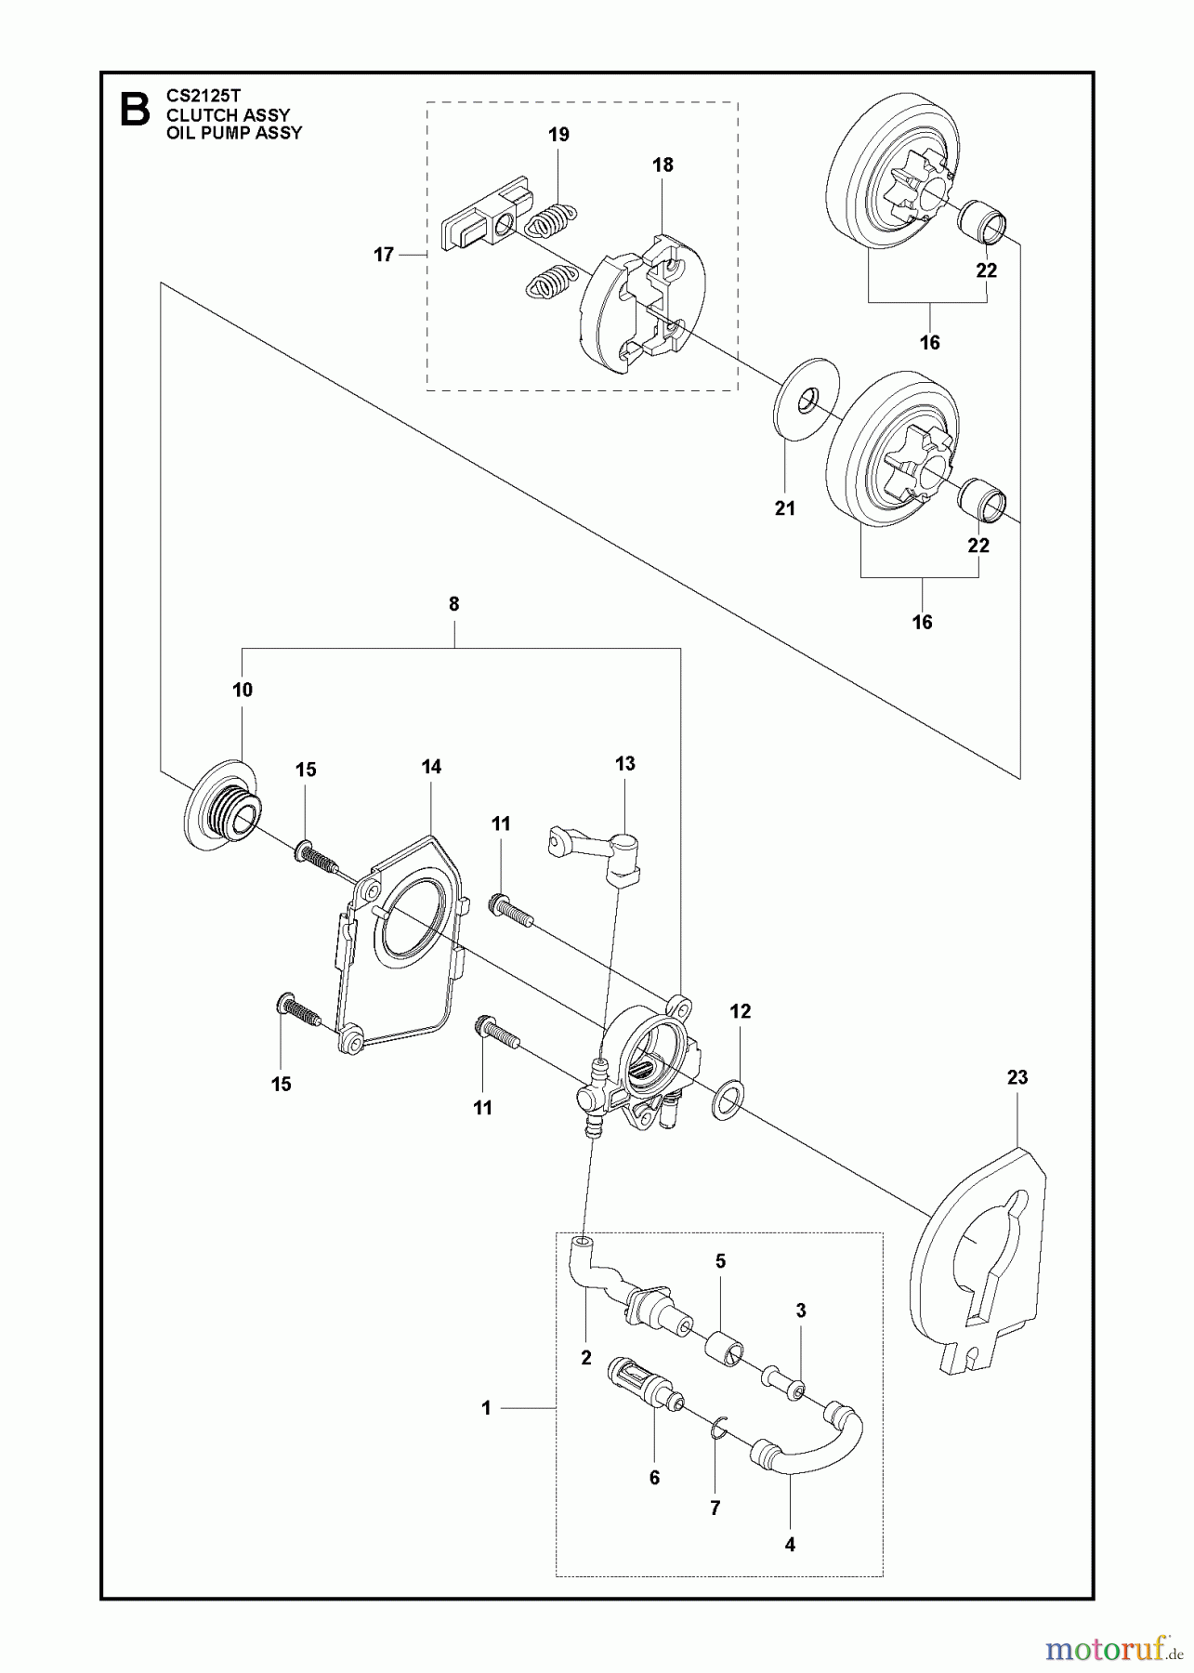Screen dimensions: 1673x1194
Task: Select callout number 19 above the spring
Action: (x=558, y=135)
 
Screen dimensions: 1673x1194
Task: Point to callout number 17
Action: (x=384, y=255)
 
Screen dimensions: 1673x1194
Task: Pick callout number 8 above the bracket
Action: (x=453, y=604)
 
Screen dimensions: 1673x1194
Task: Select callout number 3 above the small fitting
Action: (x=801, y=1311)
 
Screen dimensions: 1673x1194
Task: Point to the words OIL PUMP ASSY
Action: (x=233, y=132)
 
